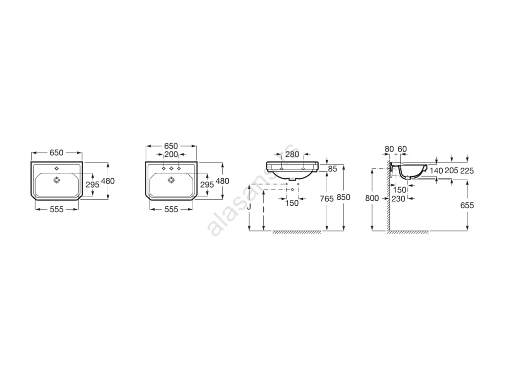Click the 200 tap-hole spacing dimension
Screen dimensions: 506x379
tap(171, 154)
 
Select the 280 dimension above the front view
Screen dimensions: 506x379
tap(292, 154)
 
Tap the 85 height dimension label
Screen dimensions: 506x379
tap(333, 169)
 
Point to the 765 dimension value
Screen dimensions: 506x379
tap(327, 199)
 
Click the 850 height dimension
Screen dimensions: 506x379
tap(343, 197)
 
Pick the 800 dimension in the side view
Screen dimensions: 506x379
tap(372, 198)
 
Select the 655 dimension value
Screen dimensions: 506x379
tap(467, 205)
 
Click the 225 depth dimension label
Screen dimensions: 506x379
tap(467, 171)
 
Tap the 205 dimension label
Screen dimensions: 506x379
tap(452, 171)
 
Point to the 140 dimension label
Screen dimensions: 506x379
tap(436, 171)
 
